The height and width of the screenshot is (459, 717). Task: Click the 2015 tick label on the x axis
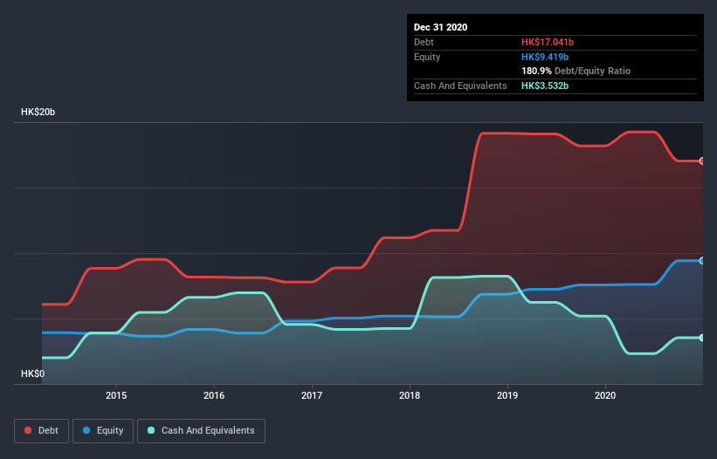click(116, 394)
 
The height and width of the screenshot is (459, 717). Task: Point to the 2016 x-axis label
click(214, 394)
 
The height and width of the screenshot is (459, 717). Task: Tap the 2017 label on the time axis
click(312, 394)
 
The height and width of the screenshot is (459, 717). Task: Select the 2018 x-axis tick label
click(410, 394)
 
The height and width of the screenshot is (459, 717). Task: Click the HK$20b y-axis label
click(39, 113)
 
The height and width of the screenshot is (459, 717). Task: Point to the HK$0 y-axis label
click(32, 373)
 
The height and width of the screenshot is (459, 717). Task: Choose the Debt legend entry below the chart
click(43, 430)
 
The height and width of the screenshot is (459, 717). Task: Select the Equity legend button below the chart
click(104, 430)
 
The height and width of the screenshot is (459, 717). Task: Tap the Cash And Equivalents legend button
click(201, 430)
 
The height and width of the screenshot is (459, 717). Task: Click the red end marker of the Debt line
click(701, 161)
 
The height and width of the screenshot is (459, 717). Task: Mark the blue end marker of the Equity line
click(701, 261)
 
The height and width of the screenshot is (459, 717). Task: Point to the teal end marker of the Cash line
click(701, 338)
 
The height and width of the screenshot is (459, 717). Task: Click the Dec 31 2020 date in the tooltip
click(441, 27)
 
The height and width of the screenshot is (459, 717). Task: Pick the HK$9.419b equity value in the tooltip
click(546, 57)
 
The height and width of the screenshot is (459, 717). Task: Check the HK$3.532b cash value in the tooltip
click(546, 86)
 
